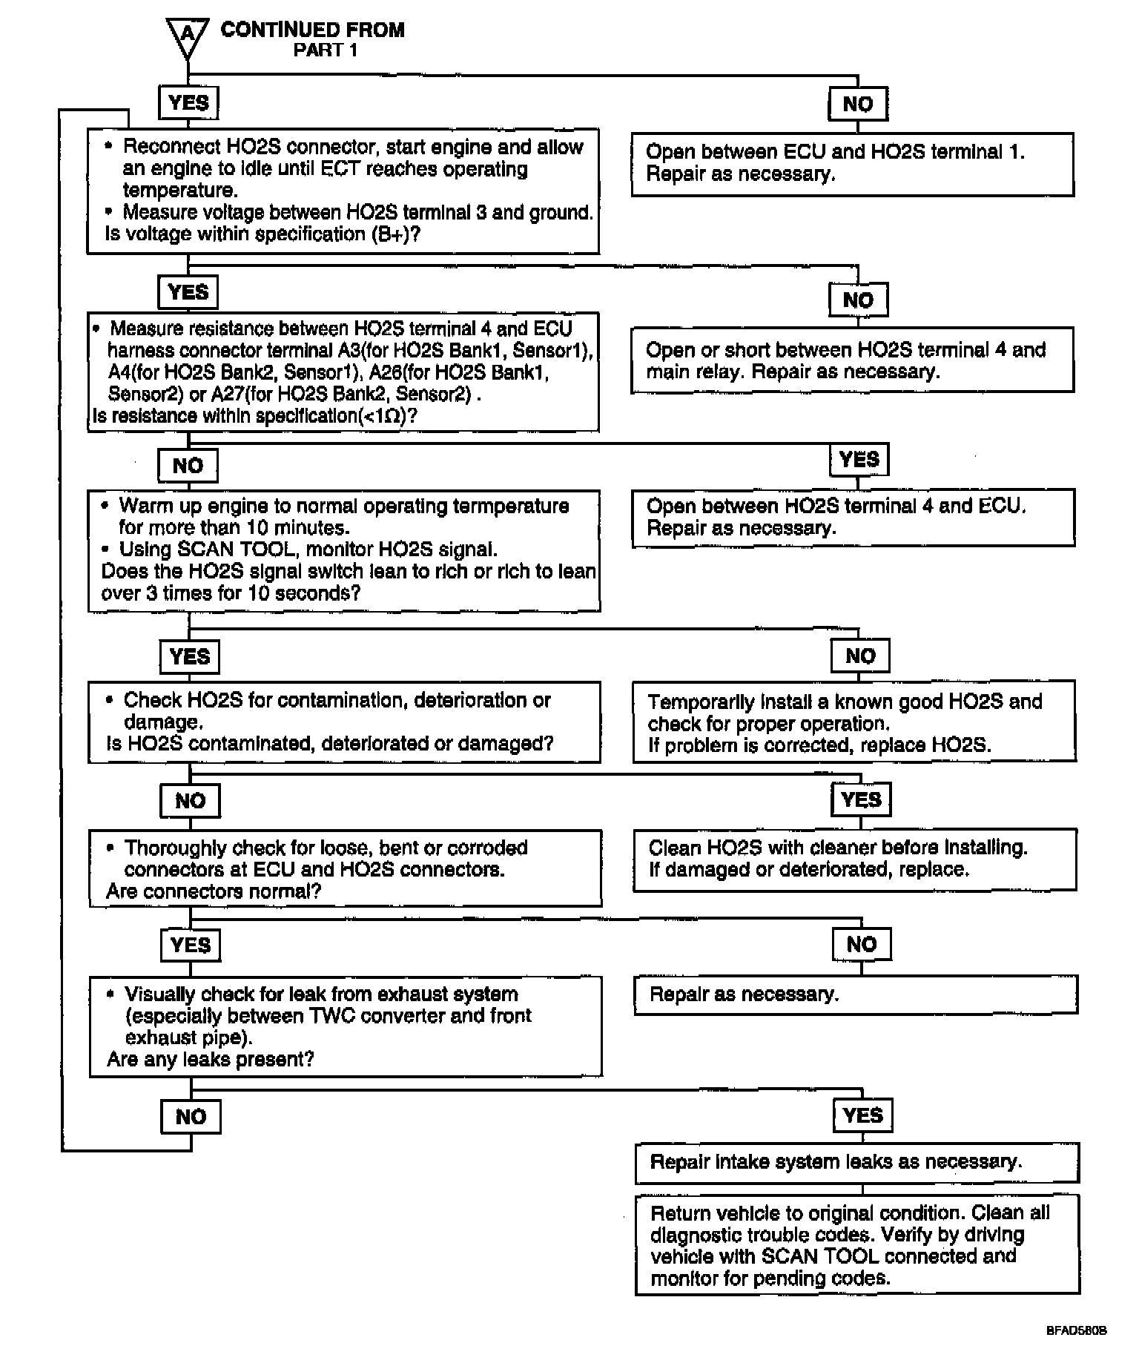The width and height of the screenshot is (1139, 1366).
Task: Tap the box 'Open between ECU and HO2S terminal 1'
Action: pyautogui.click(x=852, y=164)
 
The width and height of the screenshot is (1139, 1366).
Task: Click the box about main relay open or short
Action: pyautogui.click(x=852, y=360)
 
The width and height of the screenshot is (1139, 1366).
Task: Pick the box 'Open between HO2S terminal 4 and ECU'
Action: pyautogui.click(x=853, y=518)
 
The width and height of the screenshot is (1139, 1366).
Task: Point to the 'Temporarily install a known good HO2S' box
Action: pyautogui.click(x=854, y=723)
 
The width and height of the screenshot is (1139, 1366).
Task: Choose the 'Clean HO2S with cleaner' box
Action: pyautogui.click(x=854, y=859)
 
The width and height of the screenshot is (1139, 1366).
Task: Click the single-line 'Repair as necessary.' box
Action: pyautogui.click(x=855, y=994)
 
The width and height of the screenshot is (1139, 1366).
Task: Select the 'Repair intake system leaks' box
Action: pyautogui.click(x=856, y=1162)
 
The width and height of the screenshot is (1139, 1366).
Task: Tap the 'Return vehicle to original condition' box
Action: pyautogui.click(x=857, y=1245)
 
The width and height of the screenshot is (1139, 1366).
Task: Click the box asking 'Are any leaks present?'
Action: pyautogui.click(x=345, y=1026)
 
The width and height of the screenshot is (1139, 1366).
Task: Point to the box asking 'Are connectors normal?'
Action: pyautogui.click(x=345, y=868)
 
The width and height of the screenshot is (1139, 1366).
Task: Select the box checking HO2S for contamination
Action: pyautogui.click(x=344, y=722)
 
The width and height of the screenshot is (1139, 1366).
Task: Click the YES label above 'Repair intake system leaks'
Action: pyautogui.click(x=862, y=1115)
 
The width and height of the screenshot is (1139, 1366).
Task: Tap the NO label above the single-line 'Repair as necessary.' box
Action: pyautogui.click(x=861, y=945)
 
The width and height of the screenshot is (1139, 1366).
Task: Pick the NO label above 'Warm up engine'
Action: pyautogui.click(x=188, y=466)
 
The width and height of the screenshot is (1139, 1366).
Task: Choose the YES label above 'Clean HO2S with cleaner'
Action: pyautogui.click(x=861, y=799)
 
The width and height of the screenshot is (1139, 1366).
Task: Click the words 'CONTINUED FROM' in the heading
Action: pyautogui.click(x=312, y=30)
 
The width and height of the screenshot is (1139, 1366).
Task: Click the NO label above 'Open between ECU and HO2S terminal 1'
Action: pyautogui.click(x=858, y=104)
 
